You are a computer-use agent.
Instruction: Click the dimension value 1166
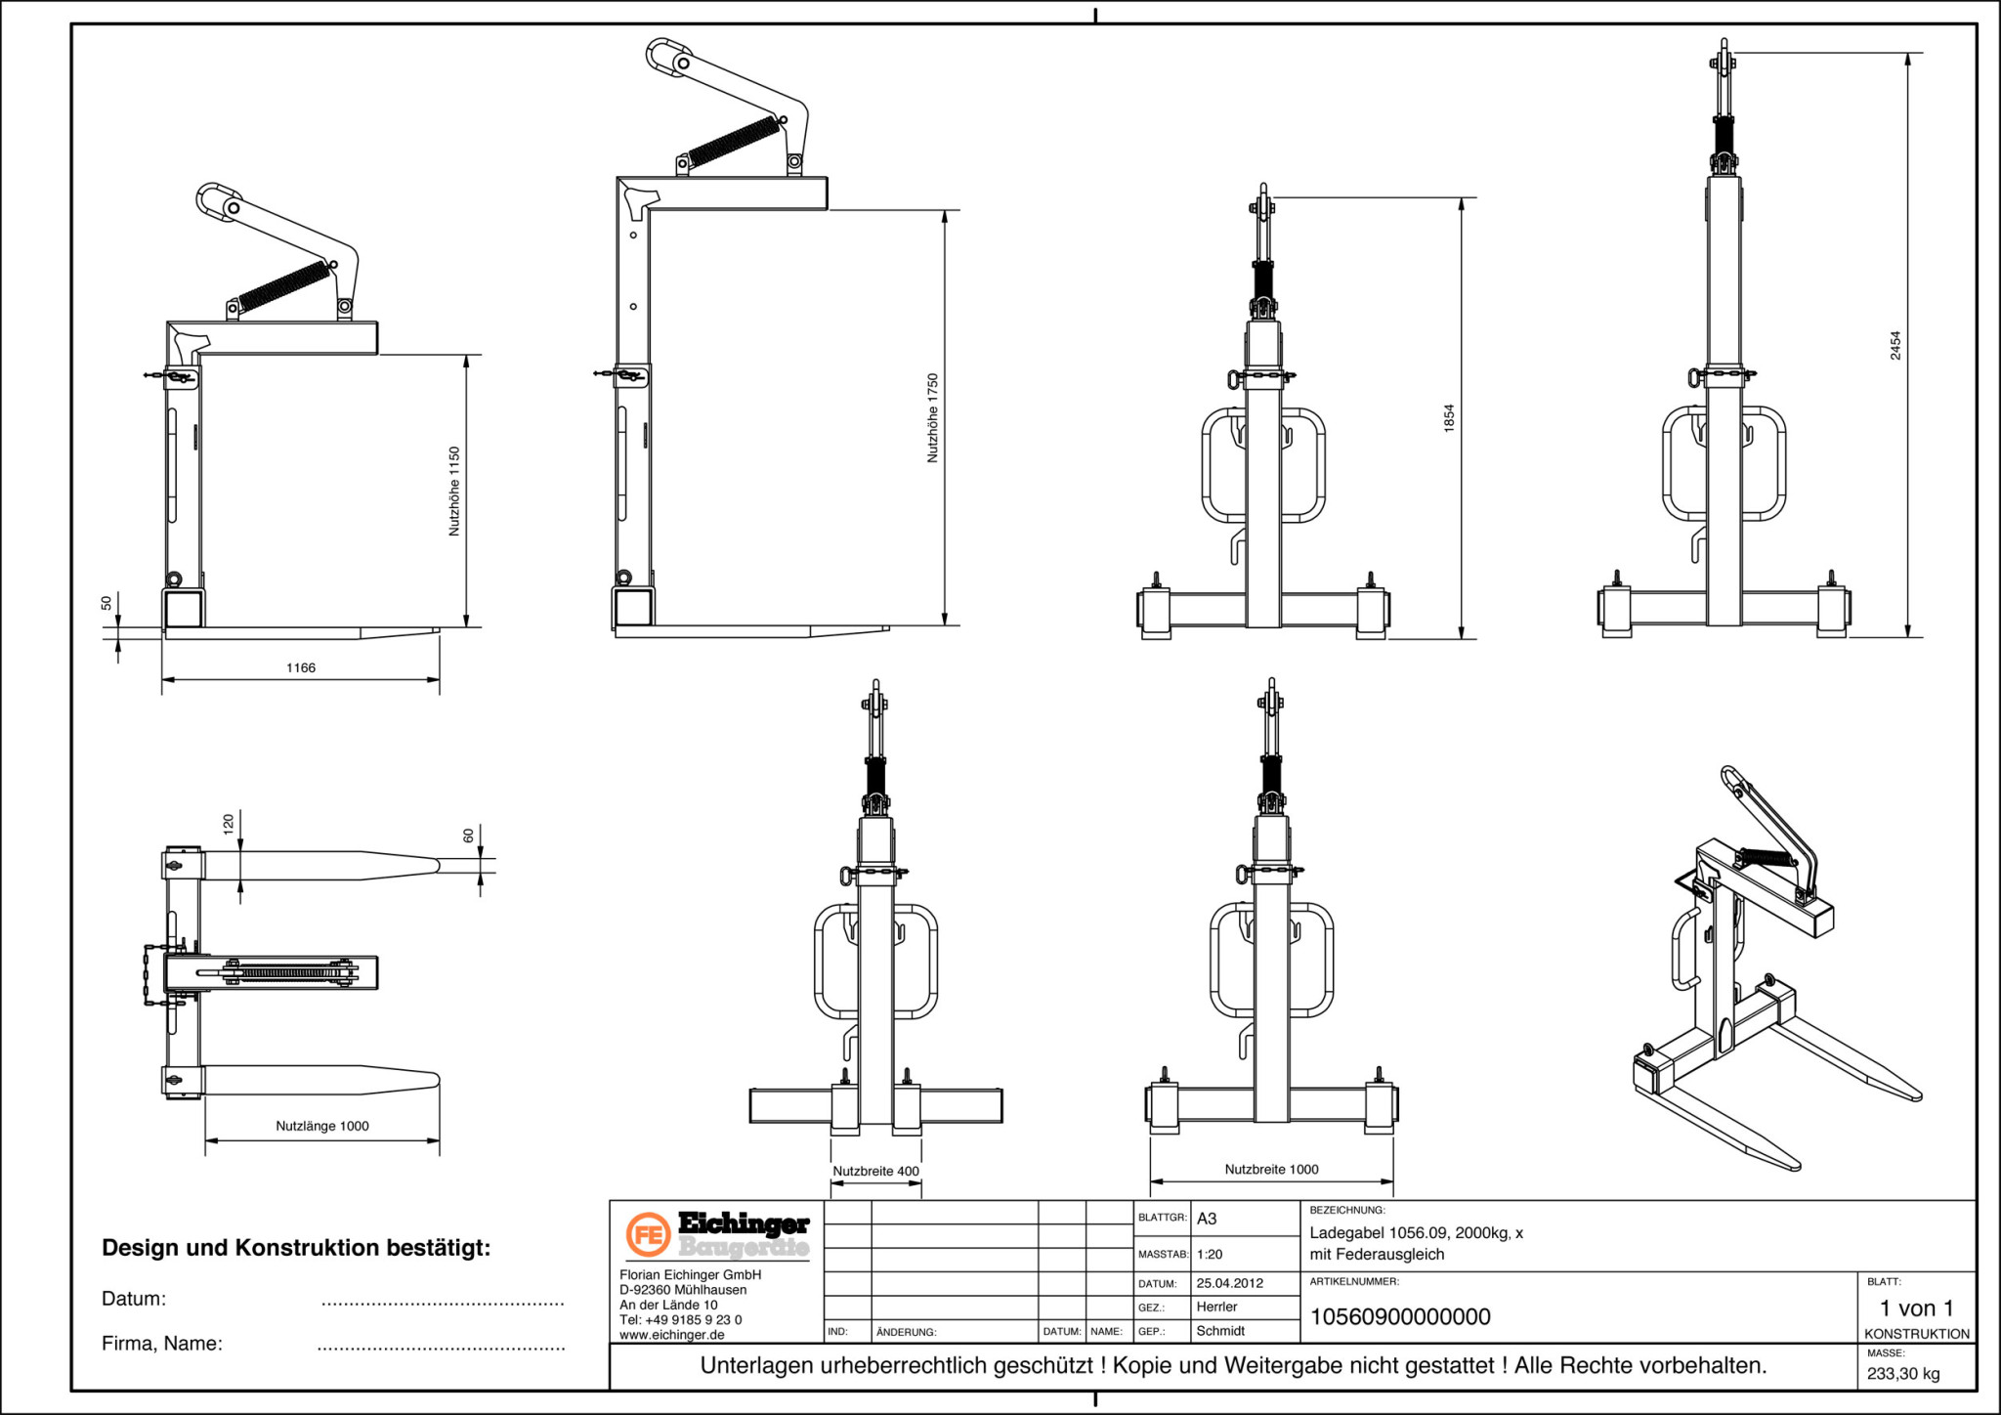[x=301, y=668]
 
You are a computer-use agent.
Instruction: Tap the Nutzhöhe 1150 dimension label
[x=454, y=491]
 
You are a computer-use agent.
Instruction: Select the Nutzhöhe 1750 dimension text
[x=933, y=417]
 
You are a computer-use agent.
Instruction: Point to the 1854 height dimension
[x=1449, y=418]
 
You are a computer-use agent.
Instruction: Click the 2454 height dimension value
[x=1895, y=345]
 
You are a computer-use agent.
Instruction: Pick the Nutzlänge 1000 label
[x=322, y=1126]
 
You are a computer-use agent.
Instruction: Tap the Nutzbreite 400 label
[x=875, y=1171]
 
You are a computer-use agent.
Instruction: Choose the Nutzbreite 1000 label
[x=1271, y=1169]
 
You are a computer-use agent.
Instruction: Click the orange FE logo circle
[x=647, y=1235]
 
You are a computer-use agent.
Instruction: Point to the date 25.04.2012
[x=1229, y=1283]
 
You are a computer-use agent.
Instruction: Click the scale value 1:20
[x=1210, y=1254]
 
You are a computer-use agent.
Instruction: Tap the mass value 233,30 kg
[x=1903, y=1373]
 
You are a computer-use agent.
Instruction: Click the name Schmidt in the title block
[x=1220, y=1330]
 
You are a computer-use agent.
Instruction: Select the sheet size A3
[x=1207, y=1219]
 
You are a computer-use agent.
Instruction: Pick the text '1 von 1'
[x=1916, y=1308]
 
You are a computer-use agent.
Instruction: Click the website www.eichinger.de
[x=672, y=1334]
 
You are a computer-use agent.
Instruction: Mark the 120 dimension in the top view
[x=229, y=823]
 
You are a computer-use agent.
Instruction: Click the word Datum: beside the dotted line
[x=134, y=1299]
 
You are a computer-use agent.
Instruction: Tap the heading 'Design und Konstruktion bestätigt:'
[x=296, y=1248]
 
